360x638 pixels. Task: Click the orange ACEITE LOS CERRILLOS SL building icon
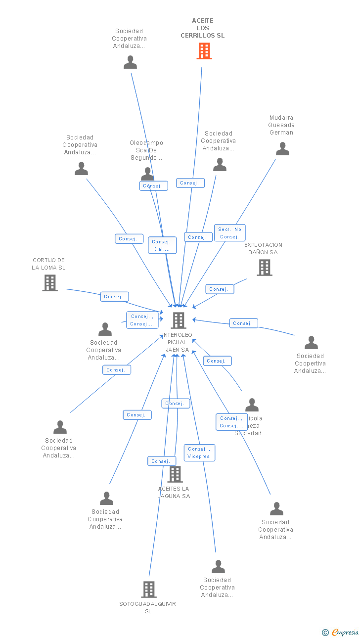[x=204, y=51]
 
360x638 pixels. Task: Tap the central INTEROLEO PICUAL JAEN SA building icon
[x=178, y=320]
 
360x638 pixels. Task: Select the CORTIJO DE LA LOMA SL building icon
[x=50, y=283]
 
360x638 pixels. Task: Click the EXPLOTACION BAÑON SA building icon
[x=265, y=268]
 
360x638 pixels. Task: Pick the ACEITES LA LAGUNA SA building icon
[x=175, y=474]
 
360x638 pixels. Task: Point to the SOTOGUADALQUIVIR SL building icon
[x=149, y=590]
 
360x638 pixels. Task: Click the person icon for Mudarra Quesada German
[x=282, y=149]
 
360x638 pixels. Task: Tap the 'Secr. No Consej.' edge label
[x=230, y=233]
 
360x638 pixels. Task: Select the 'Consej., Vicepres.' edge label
[x=199, y=453]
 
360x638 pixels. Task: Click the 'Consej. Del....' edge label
[x=162, y=245]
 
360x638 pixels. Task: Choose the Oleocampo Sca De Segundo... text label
[x=146, y=150]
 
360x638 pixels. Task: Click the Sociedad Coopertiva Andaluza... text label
[x=310, y=364]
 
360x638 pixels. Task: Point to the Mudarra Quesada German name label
[x=281, y=125]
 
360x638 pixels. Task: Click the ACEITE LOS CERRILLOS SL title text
[x=203, y=28]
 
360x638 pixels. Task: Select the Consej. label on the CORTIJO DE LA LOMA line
[x=114, y=297]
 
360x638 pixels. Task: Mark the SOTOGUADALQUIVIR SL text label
[x=148, y=607]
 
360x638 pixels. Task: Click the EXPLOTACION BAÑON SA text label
[x=264, y=248]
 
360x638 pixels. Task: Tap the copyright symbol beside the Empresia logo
[x=325, y=633]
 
